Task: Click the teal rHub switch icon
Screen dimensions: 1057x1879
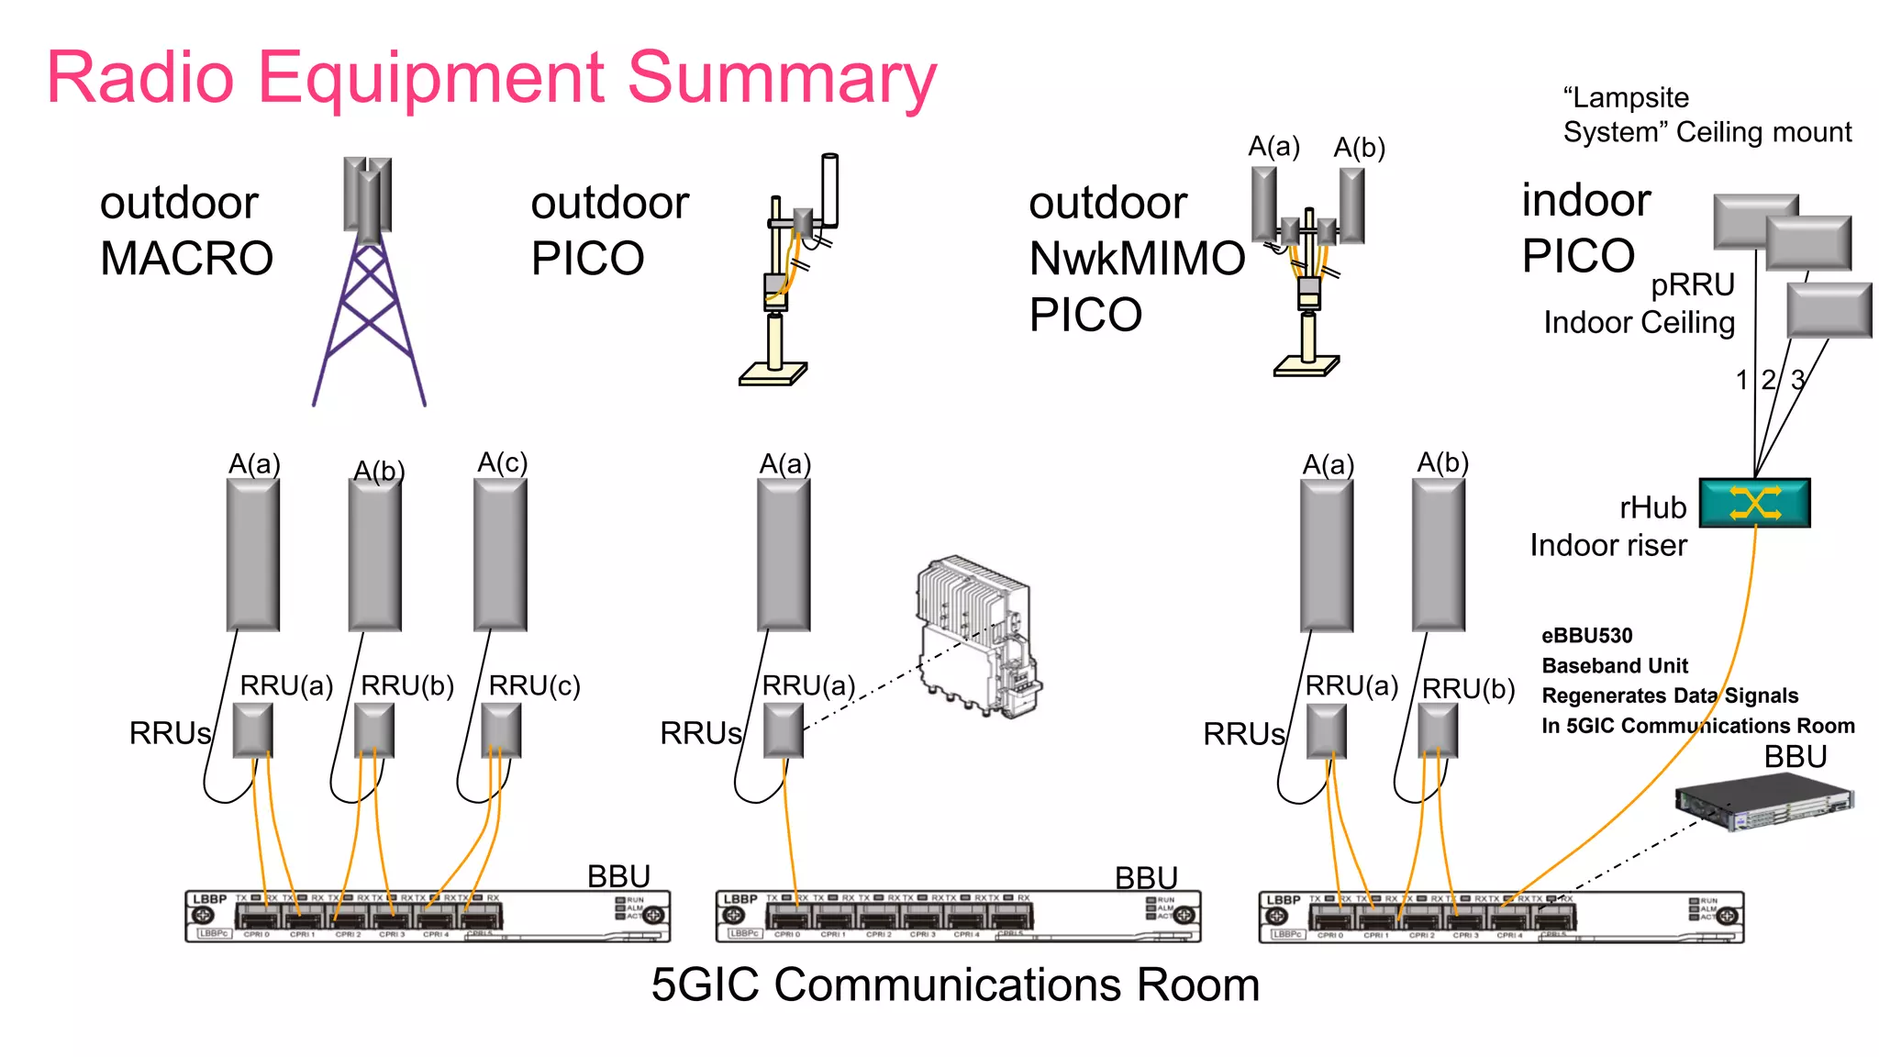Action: [x=1754, y=503]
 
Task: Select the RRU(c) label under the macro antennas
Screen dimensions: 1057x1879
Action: [x=534, y=685]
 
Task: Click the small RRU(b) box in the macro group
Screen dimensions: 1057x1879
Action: [x=374, y=730]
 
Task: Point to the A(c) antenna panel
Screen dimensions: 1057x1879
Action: [x=500, y=554]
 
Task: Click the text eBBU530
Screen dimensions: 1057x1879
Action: [x=1586, y=636]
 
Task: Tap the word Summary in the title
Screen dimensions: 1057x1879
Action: [x=782, y=78]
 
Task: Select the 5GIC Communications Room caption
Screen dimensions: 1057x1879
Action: [x=954, y=985]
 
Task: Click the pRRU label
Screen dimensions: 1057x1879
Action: [x=1692, y=284]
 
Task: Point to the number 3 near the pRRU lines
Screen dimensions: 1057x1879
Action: [x=1798, y=379]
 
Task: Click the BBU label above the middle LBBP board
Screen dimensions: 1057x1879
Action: [x=1145, y=878]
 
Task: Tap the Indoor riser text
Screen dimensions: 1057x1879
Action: [x=1607, y=545]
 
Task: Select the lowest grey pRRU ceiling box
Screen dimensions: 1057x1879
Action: [x=1829, y=310]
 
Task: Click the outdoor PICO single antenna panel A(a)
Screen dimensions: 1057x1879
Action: [x=784, y=554]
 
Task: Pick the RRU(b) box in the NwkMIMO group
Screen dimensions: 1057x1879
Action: [x=1438, y=730]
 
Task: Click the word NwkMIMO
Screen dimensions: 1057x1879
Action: [x=1137, y=259]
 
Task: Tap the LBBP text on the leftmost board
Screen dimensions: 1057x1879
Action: [x=209, y=899]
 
